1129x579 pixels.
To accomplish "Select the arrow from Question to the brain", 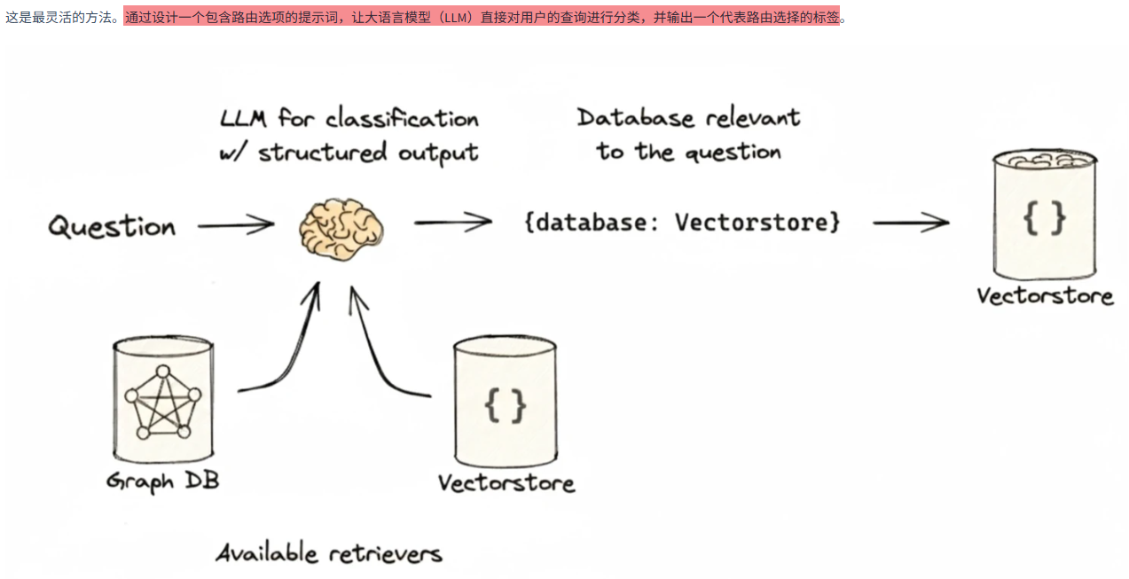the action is (236, 225).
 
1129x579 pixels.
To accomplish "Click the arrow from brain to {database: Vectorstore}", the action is (453, 222).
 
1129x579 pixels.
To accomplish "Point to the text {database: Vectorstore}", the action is (681, 222).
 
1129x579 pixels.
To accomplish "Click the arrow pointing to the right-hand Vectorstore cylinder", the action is (911, 222).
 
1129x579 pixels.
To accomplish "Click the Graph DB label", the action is (162, 481).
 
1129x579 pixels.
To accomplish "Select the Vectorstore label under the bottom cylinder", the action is (506, 483).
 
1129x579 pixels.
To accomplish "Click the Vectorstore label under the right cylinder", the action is (1045, 295).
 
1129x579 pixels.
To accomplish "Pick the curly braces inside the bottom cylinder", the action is (506, 404).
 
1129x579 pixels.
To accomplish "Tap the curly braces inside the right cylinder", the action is (1044, 218).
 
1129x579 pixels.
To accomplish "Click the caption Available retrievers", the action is (329, 554).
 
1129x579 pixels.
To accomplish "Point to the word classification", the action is (402, 119).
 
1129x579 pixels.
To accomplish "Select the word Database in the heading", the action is (631, 118).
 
